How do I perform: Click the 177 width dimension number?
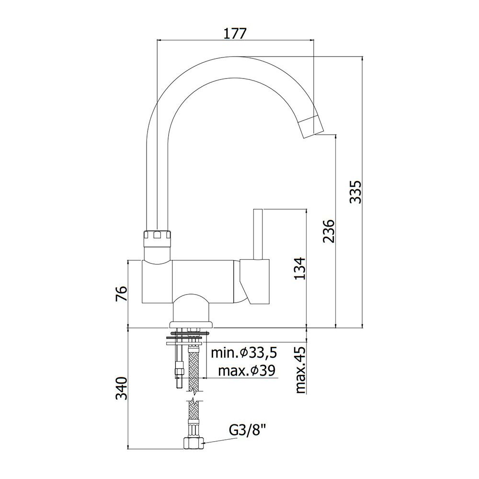pyautogui.click(x=235, y=34)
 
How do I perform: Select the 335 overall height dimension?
pyautogui.click(x=355, y=192)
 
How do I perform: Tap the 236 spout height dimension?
pyautogui.click(x=329, y=231)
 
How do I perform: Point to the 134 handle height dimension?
pyautogui.click(x=299, y=268)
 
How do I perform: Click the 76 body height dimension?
pyautogui.click(x=121, y=294)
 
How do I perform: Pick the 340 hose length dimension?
pyautogui.click(x=121, y=388)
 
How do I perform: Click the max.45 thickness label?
pyautogui.click(x=301, y=370)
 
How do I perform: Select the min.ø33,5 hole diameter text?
pyautogui.click(x=244, y=353)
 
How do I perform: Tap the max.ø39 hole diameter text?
pyautogui.click(x=247, y=371)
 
